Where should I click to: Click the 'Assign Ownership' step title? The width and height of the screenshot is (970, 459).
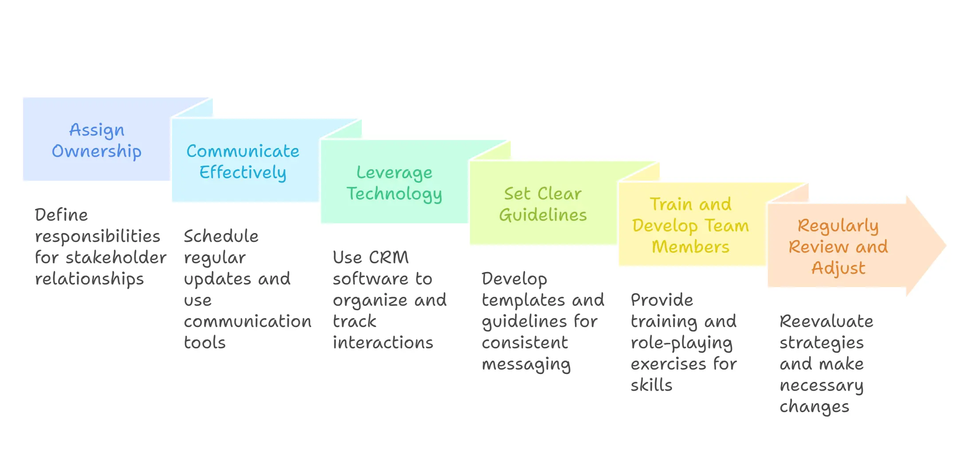[97, 140]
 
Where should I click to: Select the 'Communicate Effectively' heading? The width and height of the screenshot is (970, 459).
[243, 162]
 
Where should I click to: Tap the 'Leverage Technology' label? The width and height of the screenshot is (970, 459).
[394, 183]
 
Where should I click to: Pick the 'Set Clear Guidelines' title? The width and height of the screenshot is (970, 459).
[543, 204]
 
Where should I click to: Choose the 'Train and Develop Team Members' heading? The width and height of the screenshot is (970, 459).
[690, 226]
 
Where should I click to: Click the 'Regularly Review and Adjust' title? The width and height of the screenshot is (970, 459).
[838, 247]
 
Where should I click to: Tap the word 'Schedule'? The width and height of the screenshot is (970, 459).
[221, 236]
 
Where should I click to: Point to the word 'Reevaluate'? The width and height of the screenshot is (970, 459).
[826, 321]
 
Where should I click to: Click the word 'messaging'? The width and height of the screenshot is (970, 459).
[526, 365]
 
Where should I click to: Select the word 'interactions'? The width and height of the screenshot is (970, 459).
[383, 343]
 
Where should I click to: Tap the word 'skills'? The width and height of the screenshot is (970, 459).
[651, 385]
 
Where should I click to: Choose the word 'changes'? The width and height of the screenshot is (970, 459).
[814, 407]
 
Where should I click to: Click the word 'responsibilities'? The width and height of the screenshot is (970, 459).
[98, 237]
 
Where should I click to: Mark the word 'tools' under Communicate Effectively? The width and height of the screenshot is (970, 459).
[205, 343]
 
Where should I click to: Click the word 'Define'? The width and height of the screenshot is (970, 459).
[61, 215]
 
